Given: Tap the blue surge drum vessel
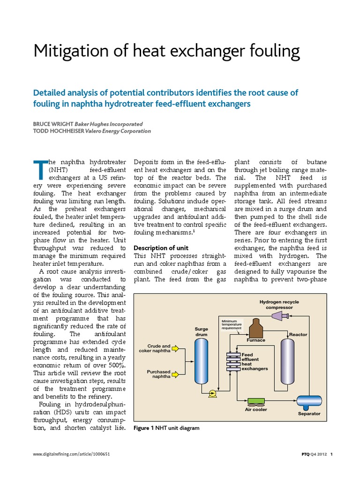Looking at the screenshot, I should point(202,361).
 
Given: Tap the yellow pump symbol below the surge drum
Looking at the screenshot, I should point(212,393).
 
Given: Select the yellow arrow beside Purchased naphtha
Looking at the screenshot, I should point(177,374).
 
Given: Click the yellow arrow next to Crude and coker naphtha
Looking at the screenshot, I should point(177,348).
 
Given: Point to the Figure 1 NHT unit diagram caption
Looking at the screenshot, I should point(166,427).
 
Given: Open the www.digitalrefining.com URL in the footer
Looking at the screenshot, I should point(72,454).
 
